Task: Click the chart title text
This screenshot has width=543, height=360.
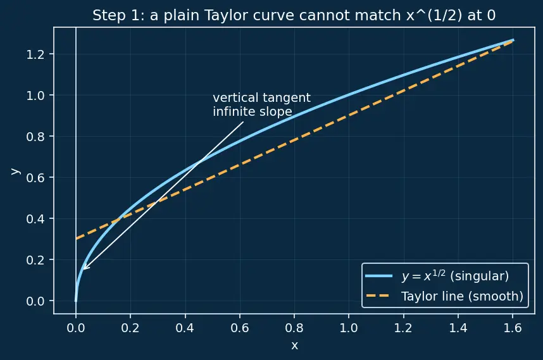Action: point(294,15)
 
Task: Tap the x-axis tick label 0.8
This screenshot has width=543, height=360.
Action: point(294,328)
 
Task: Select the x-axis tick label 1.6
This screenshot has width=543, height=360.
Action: point(513,328)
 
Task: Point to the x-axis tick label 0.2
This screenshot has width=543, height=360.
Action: point(130,328)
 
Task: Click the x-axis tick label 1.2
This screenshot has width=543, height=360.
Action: point(403,328)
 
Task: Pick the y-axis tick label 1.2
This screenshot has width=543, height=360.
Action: point(35,54)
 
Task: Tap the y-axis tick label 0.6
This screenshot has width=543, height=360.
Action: point(35,178)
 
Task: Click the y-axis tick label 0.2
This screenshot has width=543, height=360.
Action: point(35,260)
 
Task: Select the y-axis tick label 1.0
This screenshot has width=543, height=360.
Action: point(35,96)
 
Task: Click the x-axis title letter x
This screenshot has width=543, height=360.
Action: point(294,345)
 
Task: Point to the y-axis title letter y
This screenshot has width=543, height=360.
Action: point(15,171)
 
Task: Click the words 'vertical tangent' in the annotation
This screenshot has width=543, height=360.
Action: point(261,97)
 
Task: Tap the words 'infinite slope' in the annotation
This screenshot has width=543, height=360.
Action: point(253,111)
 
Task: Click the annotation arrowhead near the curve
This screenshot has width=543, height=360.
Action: point(85,268)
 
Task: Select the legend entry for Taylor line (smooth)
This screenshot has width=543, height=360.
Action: point(445,296)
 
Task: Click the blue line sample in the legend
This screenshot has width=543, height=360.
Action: point(379,276)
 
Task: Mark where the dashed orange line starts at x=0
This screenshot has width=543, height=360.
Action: point(76,239)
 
